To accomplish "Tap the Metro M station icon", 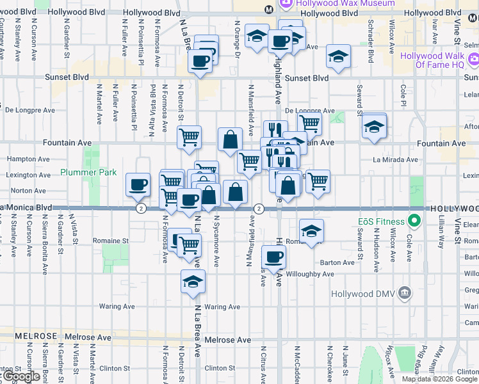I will click(x=269, y=9).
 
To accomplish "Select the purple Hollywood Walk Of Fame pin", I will click(x=473, y=61).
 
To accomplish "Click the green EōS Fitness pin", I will click(x=414, y=222).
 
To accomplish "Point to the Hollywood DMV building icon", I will click(x=403, y=294).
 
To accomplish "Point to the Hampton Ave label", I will click(x=28, y=159).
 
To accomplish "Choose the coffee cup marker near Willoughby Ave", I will click(x=273, y=257).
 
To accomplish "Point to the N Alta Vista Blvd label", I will click(x=152, y=102).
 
